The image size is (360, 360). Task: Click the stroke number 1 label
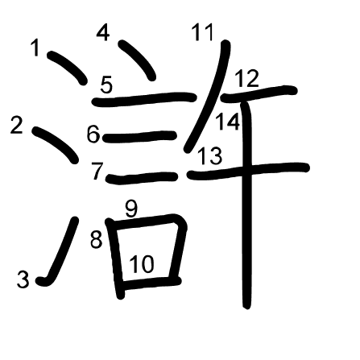pyautogui.click(x=35, y=48)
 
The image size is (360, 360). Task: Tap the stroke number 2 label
pyautogui.click(x=17, y=125)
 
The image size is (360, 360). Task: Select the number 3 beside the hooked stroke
pyautogui.click(x=23, y=279)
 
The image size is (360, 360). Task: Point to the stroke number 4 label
pyautogui.click(x=103, y=32)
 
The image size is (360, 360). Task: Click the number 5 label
pyautogui.click(x=106, y=85)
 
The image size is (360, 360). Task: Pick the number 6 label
pyautogui.click(x=93, y=134)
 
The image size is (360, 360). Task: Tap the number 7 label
pyautogui.click(x=97, y=172)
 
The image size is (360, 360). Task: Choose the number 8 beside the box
pyautogui.click(x=96, y=239)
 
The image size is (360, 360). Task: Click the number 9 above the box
pyautogui.click(x=131, y=209)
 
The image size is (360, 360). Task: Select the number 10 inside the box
pyautogui.click(x=142, y=263)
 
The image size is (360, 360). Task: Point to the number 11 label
pyautogui.click(x=203, y=32)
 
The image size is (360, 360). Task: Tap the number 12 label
pyautogui.click(x=246, y=78)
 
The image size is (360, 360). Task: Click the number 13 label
pyautogui.click(x=210, y=156)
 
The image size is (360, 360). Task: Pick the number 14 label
pyautogui.click(x=228, y=122)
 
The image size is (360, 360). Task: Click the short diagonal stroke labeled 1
pyautogui.click(x=67, y=68)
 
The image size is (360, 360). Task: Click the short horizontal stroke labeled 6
pyautogui.click(x=139, y=136)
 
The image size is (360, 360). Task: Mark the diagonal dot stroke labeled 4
pyautogui.click(x=138, y=60)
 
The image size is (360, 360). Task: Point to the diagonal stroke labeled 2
pyautogui.click(x=56, y=144)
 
